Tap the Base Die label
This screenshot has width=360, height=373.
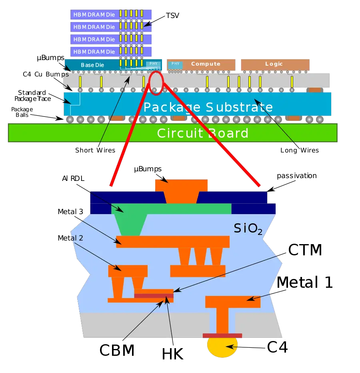[x=93, y=65]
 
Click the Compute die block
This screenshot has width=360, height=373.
[x=206, y=64]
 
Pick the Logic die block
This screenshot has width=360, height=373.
[x=275, y=64]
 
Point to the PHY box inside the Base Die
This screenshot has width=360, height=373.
[x=153, y=64]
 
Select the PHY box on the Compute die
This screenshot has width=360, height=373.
[x=175, y=64]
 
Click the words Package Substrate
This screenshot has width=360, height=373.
[x=208, y=107]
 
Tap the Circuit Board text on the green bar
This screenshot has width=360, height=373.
[x=202, y=133]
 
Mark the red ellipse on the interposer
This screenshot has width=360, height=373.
[x=156, y=83]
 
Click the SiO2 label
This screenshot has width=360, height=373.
[x=248, y=228]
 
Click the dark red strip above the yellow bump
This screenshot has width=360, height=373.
[x=222, y=335]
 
